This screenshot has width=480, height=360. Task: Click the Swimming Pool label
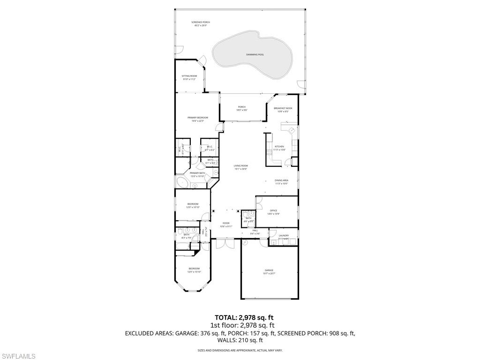255,55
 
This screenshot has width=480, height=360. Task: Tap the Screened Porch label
201,23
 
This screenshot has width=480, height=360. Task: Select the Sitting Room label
189,77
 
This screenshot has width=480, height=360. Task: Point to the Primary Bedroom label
197,119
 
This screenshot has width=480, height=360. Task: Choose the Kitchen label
279,148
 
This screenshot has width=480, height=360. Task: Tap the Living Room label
241,167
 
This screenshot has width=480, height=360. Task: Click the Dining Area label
281,182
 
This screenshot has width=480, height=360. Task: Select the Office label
273,212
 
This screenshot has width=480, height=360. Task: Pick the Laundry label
284,237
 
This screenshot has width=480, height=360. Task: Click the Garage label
269,271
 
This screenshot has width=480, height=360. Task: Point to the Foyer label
226,225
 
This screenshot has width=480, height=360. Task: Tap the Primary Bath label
197,174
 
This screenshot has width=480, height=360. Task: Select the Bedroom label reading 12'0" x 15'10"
194,270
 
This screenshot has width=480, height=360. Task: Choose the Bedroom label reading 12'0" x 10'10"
193,205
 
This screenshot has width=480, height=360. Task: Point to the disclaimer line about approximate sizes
240,350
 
